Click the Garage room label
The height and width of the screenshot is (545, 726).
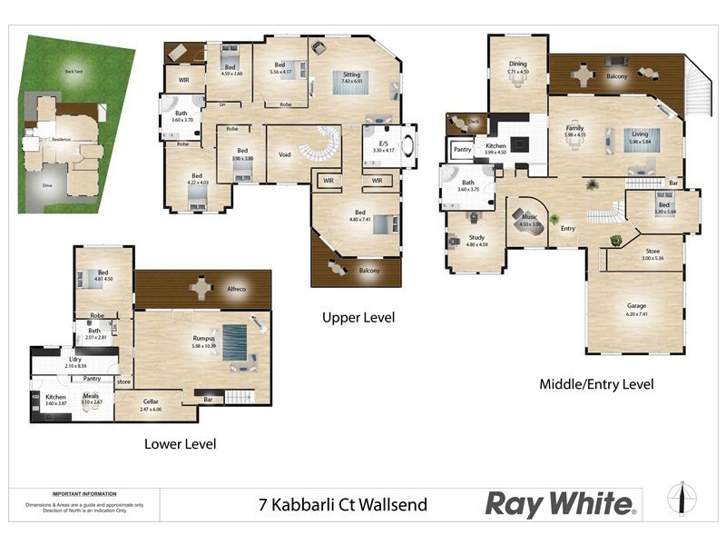click(636, 305)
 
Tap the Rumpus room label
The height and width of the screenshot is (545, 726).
click(203, 337)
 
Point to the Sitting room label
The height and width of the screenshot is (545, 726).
click(351, 74)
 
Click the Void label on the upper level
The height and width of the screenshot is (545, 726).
click(284, 154)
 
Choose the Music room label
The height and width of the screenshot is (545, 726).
click(530, 217)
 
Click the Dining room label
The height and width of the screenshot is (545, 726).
click(517, 64)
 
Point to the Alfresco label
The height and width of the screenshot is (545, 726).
click(237, 289)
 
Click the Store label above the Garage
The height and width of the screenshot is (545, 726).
click(652, 251)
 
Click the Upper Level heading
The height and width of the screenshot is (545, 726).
click(358, 318)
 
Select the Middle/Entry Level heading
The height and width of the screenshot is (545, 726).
click(596, 384)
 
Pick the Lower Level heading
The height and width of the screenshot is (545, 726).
click(180, 444)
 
